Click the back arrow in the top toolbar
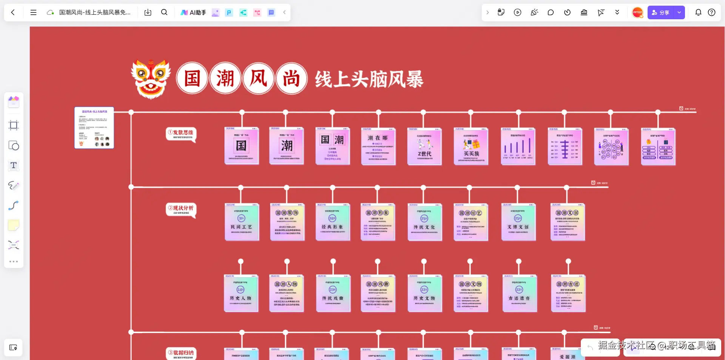point(13,12)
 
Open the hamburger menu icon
point(33,12)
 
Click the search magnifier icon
point(164,12)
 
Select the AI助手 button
point(193,12)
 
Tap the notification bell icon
point(698,12)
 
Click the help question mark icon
point(711,12)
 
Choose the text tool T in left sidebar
point(14,165)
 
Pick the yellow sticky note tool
point(14,225)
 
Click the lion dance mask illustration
point(151,79)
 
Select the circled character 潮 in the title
point(225,79)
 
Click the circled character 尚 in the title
point(291,79)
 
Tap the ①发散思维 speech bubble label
point(181,134)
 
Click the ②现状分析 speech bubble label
point(181,209)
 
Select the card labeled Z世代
point(424,147)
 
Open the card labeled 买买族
point(471,147)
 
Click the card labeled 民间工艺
point(242,222)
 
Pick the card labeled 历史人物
point(241,294)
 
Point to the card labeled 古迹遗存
point(519,294)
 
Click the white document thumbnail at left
point(94,128)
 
